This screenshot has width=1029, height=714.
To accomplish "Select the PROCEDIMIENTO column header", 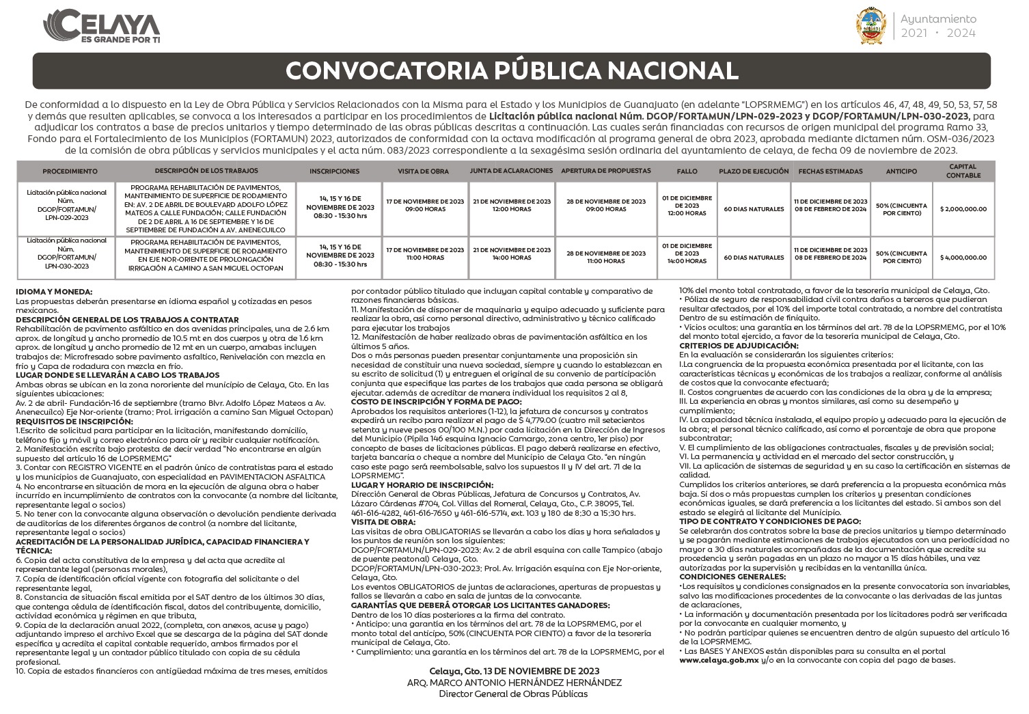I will point(70,171).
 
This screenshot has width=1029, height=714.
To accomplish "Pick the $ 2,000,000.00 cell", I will point(963,209).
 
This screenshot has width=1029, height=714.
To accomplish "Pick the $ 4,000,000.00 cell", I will point(963,258).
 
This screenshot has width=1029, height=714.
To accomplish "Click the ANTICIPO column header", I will point(901,171).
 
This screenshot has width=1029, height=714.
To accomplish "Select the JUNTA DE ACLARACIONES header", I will point(511,170).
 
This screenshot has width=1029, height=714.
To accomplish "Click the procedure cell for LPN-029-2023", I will point(67,205).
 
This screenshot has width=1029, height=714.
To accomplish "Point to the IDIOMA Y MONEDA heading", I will point(54,292).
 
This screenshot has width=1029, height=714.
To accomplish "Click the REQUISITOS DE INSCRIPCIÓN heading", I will point(74,422).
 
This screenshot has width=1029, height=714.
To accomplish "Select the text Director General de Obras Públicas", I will point(513,694).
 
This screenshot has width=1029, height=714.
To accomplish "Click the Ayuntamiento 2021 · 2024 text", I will point(938,26).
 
